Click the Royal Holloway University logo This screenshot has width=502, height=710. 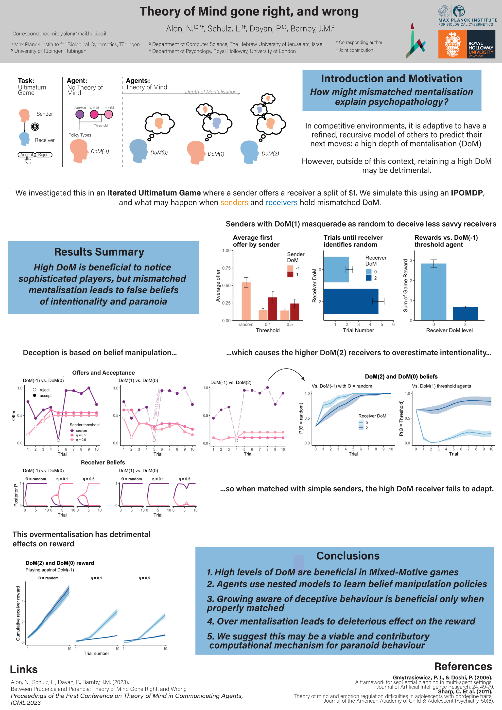pyautogui.click(x=467, y=44)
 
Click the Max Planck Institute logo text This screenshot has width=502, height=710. pyautogui.click(x=468, y=22)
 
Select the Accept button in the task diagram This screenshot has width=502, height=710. pyautogui.click(x=27, y=155)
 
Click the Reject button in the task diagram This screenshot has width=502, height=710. pyautogui.click(x=44, y=155)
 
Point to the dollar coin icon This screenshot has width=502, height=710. pyautogui.click(x=35, y=126)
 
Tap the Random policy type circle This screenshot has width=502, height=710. pyautogui.click(x=80, y=114)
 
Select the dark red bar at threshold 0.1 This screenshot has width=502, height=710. pyautogui.click(x=273, y=309)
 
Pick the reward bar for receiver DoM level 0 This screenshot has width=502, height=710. pyautogui.click(x=433, y=292)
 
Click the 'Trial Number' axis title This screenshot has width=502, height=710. pyautogui.click(x=358, y=330)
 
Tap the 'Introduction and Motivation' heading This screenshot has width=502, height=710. pyautogui.click(x=391, y=79)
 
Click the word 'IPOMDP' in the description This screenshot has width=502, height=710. pyautogui.click(x=467, y=193)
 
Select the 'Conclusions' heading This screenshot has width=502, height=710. pyautogui.click(x=348, y=556)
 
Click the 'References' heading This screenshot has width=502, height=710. pyautogui.click(x=463, y=666)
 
